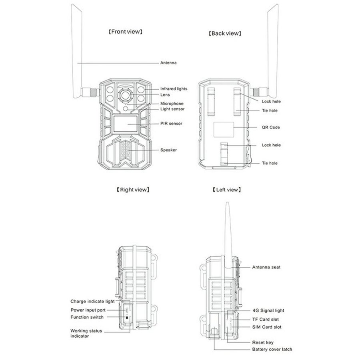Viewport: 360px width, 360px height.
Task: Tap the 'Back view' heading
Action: (x=225, y=34)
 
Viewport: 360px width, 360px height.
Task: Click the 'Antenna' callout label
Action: (x=168, y=63)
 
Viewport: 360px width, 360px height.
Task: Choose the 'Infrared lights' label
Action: (x=174, y=89)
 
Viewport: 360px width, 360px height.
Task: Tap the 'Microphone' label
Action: (x=172, y=104)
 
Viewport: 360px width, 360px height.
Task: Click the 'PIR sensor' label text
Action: (x=171, y=124)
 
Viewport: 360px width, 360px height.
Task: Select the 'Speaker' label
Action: (x=168, y=150)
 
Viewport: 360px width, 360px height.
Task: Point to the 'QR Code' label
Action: (x=270, y=128)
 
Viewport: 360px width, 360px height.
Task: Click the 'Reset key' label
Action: (x=262, y=343)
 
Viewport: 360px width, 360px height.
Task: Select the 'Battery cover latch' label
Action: (x=272, y=350)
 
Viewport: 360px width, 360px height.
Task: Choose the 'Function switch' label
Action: (x=87, y=317)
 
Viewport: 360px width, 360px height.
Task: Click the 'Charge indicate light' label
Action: (x=92, y=301)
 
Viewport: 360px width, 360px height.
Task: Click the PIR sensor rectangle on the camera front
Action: (x=125, y=124)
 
